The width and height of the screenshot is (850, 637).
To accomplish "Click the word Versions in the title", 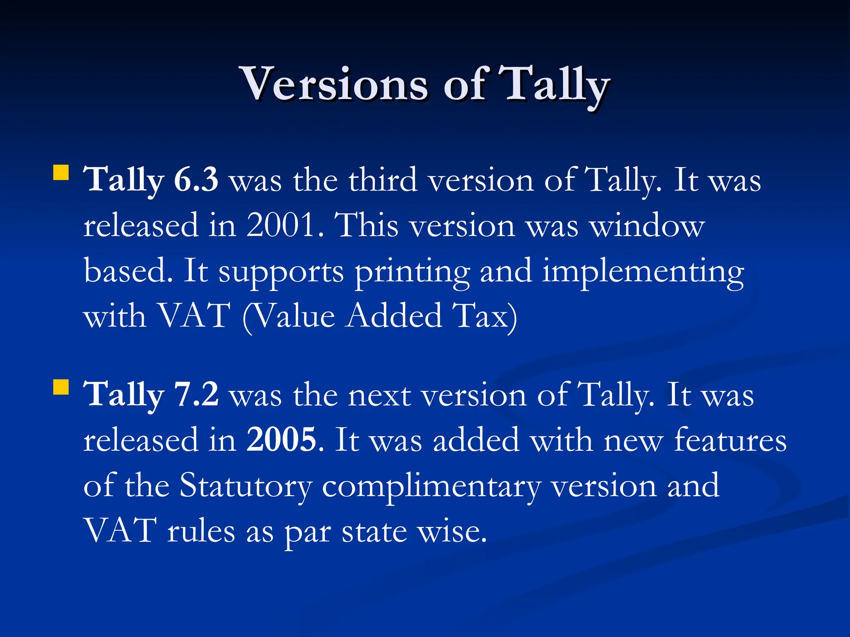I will pos(334,85).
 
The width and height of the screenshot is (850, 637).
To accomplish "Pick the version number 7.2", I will pos(196,395).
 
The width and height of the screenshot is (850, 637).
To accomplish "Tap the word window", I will pos(647,226).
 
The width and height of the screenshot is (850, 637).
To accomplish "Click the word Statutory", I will pos(246,486).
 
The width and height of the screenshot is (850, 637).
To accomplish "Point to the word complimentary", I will pos(432,486).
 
